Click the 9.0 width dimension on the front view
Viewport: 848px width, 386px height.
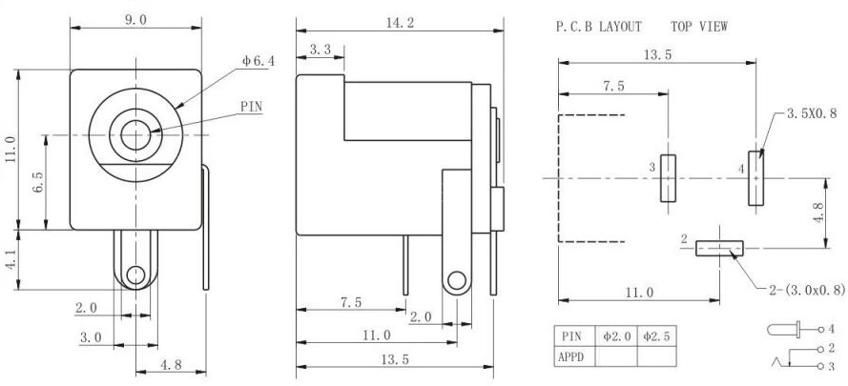135,19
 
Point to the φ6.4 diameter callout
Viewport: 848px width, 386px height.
258,61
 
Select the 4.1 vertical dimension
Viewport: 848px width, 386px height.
10,258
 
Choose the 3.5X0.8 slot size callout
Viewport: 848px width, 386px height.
812,113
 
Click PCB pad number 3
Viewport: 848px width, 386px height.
667,178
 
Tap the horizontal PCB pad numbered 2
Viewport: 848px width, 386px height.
719,248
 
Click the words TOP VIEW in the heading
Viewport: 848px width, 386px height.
698,27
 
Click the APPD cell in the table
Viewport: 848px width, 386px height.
573,356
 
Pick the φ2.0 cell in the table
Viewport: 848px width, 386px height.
616,336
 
